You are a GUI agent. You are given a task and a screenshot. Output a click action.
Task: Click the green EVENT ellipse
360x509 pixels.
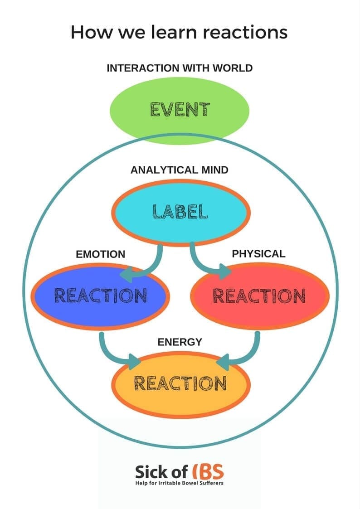click(180, 110)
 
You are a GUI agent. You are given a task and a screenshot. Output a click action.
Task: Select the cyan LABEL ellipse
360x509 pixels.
click(180, 212)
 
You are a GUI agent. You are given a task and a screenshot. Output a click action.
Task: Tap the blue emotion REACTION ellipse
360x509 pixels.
click(101, 296)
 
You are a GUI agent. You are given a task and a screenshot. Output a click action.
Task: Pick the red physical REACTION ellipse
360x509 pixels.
click(259, 296)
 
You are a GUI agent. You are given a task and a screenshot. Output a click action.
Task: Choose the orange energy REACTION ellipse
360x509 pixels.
click(180, 383)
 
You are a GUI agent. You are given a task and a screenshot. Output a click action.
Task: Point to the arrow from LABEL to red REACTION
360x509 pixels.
click(206, 265)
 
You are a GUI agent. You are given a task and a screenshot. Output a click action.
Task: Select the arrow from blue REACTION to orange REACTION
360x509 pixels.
click(113, 354)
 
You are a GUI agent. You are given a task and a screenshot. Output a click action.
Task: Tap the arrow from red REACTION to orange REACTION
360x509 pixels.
click(247, 354)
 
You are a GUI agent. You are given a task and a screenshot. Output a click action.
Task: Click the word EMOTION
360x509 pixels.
click(101, 254)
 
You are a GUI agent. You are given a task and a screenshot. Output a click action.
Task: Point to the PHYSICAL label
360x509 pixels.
click(258, 254)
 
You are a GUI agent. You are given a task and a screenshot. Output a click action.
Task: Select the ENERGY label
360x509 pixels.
click(180, 342)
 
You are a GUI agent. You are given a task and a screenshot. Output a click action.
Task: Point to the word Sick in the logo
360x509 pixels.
click(150, 472)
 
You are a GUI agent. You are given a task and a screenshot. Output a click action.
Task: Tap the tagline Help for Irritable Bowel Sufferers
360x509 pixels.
click(180, 483)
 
